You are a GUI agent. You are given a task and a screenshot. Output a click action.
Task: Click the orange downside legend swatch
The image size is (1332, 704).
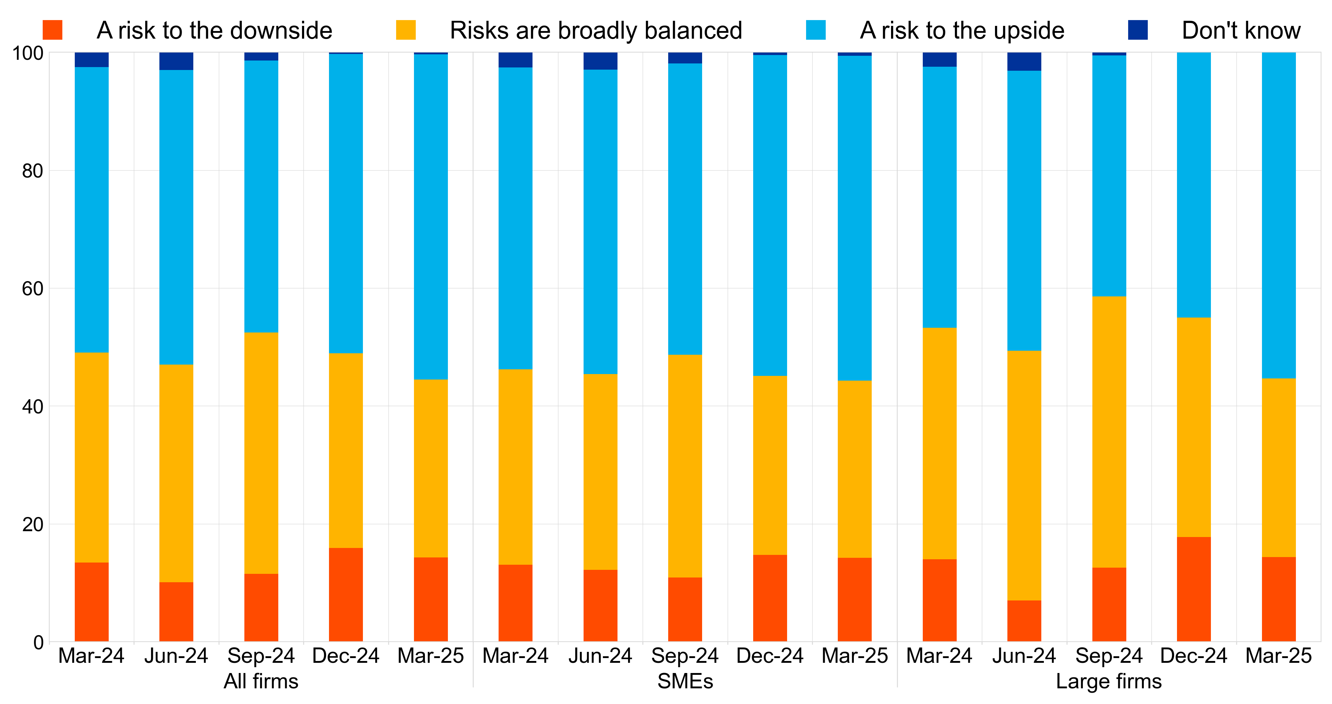[x=52, y=30]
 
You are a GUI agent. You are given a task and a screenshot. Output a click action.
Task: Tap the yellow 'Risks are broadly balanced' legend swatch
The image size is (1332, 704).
[x=405, y=30]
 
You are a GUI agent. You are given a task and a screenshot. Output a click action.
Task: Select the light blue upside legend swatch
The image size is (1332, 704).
[x=816, y=30]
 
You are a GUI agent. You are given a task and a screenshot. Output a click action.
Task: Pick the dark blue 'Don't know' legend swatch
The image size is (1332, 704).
[x=1138, y=30]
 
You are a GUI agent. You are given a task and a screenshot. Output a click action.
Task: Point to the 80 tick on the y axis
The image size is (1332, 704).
[x=32, y=171]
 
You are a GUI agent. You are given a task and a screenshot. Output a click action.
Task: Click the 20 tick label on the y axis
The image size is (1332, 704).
[x=32, y=525]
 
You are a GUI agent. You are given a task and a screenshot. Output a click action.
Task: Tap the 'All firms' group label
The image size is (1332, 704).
[x=261, y=681]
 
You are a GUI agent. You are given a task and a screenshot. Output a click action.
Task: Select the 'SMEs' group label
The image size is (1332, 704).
[x=685, y=681]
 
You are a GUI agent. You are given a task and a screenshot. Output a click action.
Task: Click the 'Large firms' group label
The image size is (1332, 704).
[x=1109, y=681]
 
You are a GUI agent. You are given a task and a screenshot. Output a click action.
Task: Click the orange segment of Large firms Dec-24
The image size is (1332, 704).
[x=1193, y=589]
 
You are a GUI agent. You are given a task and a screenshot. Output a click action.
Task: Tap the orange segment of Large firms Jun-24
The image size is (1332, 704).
[x=1024, y=621]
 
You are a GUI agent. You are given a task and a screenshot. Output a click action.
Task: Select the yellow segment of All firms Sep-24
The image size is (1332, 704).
[x=261, y=453]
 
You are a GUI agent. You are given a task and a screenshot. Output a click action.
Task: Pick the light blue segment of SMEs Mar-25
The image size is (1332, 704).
[x=854, y=218]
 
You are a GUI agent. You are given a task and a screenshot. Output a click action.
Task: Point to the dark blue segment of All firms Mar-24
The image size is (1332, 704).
[x=92, y=59]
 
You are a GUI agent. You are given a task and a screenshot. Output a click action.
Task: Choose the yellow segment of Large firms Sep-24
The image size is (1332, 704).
[x=1109, y=432]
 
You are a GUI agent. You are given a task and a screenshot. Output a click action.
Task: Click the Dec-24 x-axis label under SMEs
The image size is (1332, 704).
[x=770, y=656]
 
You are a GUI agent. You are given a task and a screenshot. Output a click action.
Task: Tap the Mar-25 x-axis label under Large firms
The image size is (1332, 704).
[x=1278, y=656]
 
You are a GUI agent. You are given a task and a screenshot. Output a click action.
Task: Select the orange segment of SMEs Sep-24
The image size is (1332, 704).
[x=685, y=610]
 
